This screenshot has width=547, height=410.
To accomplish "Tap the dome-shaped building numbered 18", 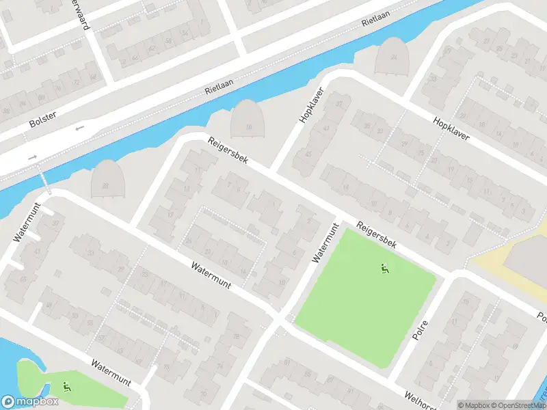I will point(247,120).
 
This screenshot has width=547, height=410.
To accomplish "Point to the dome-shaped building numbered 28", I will point(106,179).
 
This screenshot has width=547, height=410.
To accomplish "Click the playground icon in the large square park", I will point(384,269).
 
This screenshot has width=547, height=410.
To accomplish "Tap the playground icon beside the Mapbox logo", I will point(66,387).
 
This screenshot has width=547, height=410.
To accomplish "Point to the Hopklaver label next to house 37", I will point(310,107).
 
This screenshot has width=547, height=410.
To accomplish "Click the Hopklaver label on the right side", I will point(451,128).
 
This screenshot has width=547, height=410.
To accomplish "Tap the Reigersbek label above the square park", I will point(376,236).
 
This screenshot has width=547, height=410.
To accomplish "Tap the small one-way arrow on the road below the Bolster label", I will point(79,128).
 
